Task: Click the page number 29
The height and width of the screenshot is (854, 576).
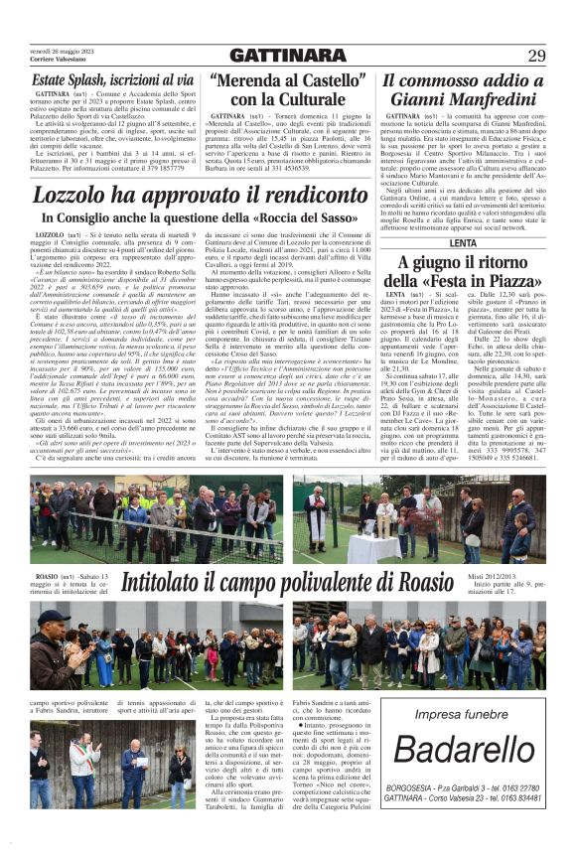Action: point(536,55)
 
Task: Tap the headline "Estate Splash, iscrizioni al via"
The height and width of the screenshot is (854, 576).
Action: point(98,78)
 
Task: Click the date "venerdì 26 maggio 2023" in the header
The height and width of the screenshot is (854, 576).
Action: point(63,51)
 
